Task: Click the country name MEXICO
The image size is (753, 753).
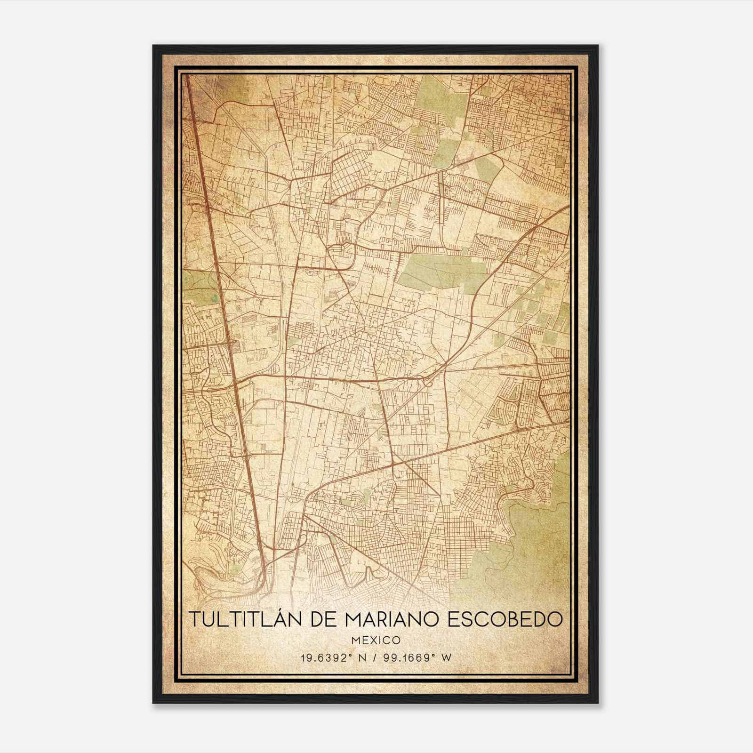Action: [376, 640]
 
